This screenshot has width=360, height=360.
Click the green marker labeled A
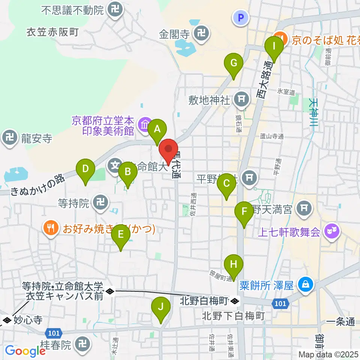[157, 129]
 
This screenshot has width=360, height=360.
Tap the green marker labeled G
[234, 63]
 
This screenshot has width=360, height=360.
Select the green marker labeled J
[161, 307]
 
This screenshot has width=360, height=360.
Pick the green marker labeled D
[85, 169]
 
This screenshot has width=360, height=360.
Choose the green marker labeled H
[234, 265]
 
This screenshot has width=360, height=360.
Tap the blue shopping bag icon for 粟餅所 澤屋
[306, 284]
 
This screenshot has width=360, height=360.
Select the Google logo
[25, 351]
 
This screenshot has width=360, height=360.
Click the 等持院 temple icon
[100, 203]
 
